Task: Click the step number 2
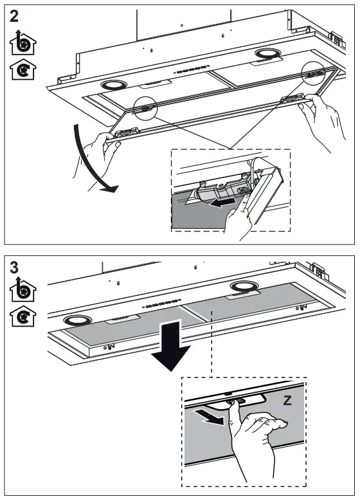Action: pyautogui.click(x=14, y=15)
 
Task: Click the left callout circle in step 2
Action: pyautogui.click(x=146, y=107)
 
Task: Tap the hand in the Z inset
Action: pyautogui.click(x=257, y=444)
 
